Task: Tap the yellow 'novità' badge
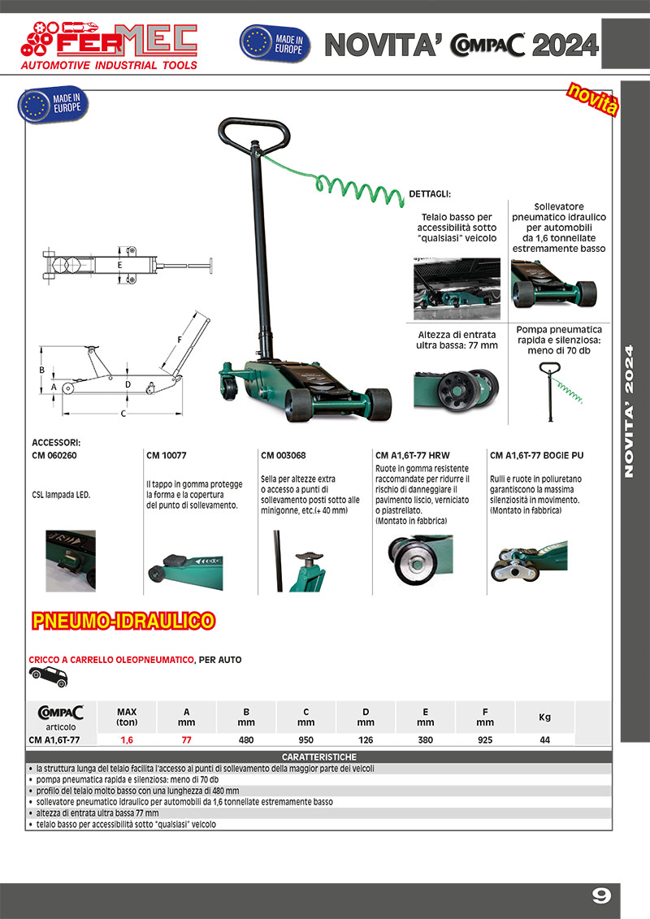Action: click(x=592, y=101)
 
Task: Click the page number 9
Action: click(x=600, y=895)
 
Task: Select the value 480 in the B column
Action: click(x=246, y=739)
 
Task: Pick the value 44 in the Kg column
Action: click(x=545, y=739)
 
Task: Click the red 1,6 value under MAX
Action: click(x=127, y=739)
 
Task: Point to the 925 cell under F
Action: click(x=485, y=739)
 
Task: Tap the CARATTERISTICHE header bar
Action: click(x=318, y=756)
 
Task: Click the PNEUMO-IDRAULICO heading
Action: click(x=123, y=622)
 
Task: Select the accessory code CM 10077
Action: click(x=167, y=456)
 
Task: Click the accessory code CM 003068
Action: click(x=284, y=456)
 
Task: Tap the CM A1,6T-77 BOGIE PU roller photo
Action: click(x=525, y=561)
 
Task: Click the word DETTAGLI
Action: click(x=429, y=195)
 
